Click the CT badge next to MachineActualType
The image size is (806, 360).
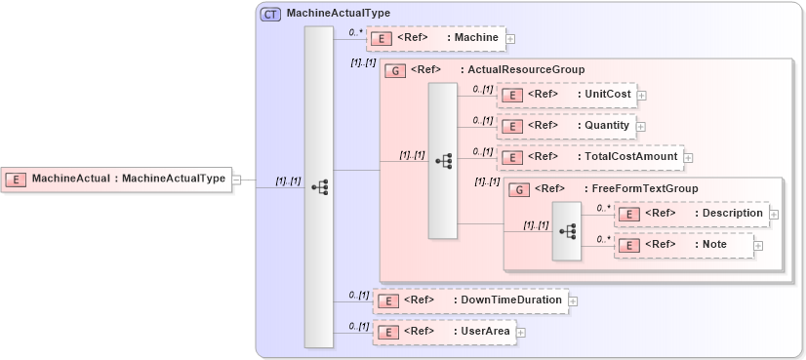coord(270,14)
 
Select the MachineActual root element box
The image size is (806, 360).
coord(116,179)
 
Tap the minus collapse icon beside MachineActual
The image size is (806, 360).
coord(236,179)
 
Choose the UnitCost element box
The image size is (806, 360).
coord(567,95)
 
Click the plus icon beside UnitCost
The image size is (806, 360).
coord(642,96)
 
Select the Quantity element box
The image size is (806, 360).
coord(567,126)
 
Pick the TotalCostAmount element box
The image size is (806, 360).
coord(589,156)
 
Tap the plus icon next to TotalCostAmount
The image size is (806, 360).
coord(687,157)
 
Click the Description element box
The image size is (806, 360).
coord(691,214)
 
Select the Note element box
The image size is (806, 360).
coord(684,244)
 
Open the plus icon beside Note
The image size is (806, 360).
coord(758,245)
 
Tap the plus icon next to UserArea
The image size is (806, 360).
coord(521,333)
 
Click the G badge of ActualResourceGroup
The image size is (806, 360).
coord(396,70)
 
